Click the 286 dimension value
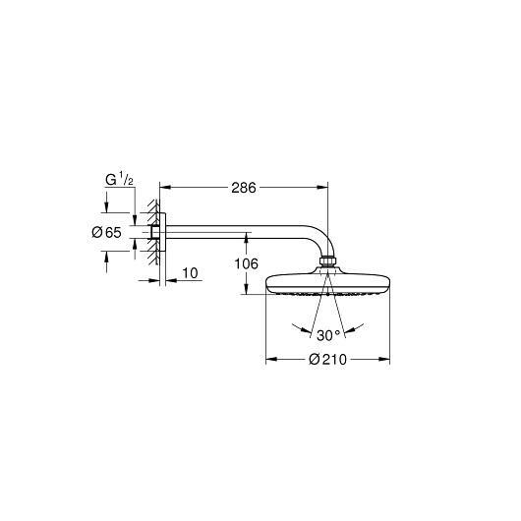(x=244, y=188)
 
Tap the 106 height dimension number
(x=246, y=263)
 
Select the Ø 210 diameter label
(x=327, y=360)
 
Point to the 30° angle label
(x=328, y=335)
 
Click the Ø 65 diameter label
(x=107, y=232)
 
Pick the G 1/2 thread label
(x=119, y=180)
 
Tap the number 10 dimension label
(x=190, y=273)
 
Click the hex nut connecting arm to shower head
(x=328, y=260)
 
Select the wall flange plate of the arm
(x=162, y=232)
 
